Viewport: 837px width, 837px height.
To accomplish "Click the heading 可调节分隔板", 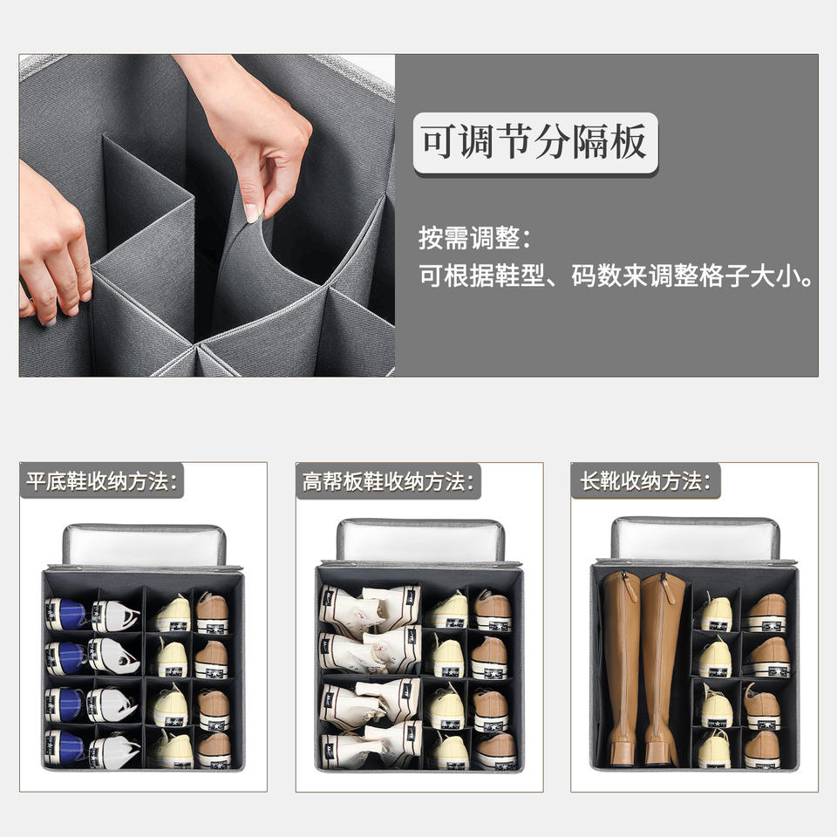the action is click(534, 142).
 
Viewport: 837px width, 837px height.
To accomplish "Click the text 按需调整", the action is click(469, 237).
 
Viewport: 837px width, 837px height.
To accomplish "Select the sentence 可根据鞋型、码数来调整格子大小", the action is click(615, 276).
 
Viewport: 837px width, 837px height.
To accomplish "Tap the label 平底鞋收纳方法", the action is click(98, 481).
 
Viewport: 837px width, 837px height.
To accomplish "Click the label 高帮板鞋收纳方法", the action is click(384, 481).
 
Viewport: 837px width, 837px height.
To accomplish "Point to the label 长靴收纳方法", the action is click(641, 480).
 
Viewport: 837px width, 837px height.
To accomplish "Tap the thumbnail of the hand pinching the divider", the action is click(208, 215).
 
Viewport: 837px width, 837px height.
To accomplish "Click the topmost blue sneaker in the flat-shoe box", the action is click(66, 614).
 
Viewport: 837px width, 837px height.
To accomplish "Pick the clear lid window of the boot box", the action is click(695, 540).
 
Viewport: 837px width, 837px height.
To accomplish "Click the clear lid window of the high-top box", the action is click(420, 541).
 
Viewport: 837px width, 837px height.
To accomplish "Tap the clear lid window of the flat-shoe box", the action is click(144, 545).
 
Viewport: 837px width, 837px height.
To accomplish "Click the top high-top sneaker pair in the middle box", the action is click(370, 605).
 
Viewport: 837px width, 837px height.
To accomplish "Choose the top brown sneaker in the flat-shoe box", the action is click(212, 613).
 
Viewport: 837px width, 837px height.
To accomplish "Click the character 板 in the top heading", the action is click(629, 142).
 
